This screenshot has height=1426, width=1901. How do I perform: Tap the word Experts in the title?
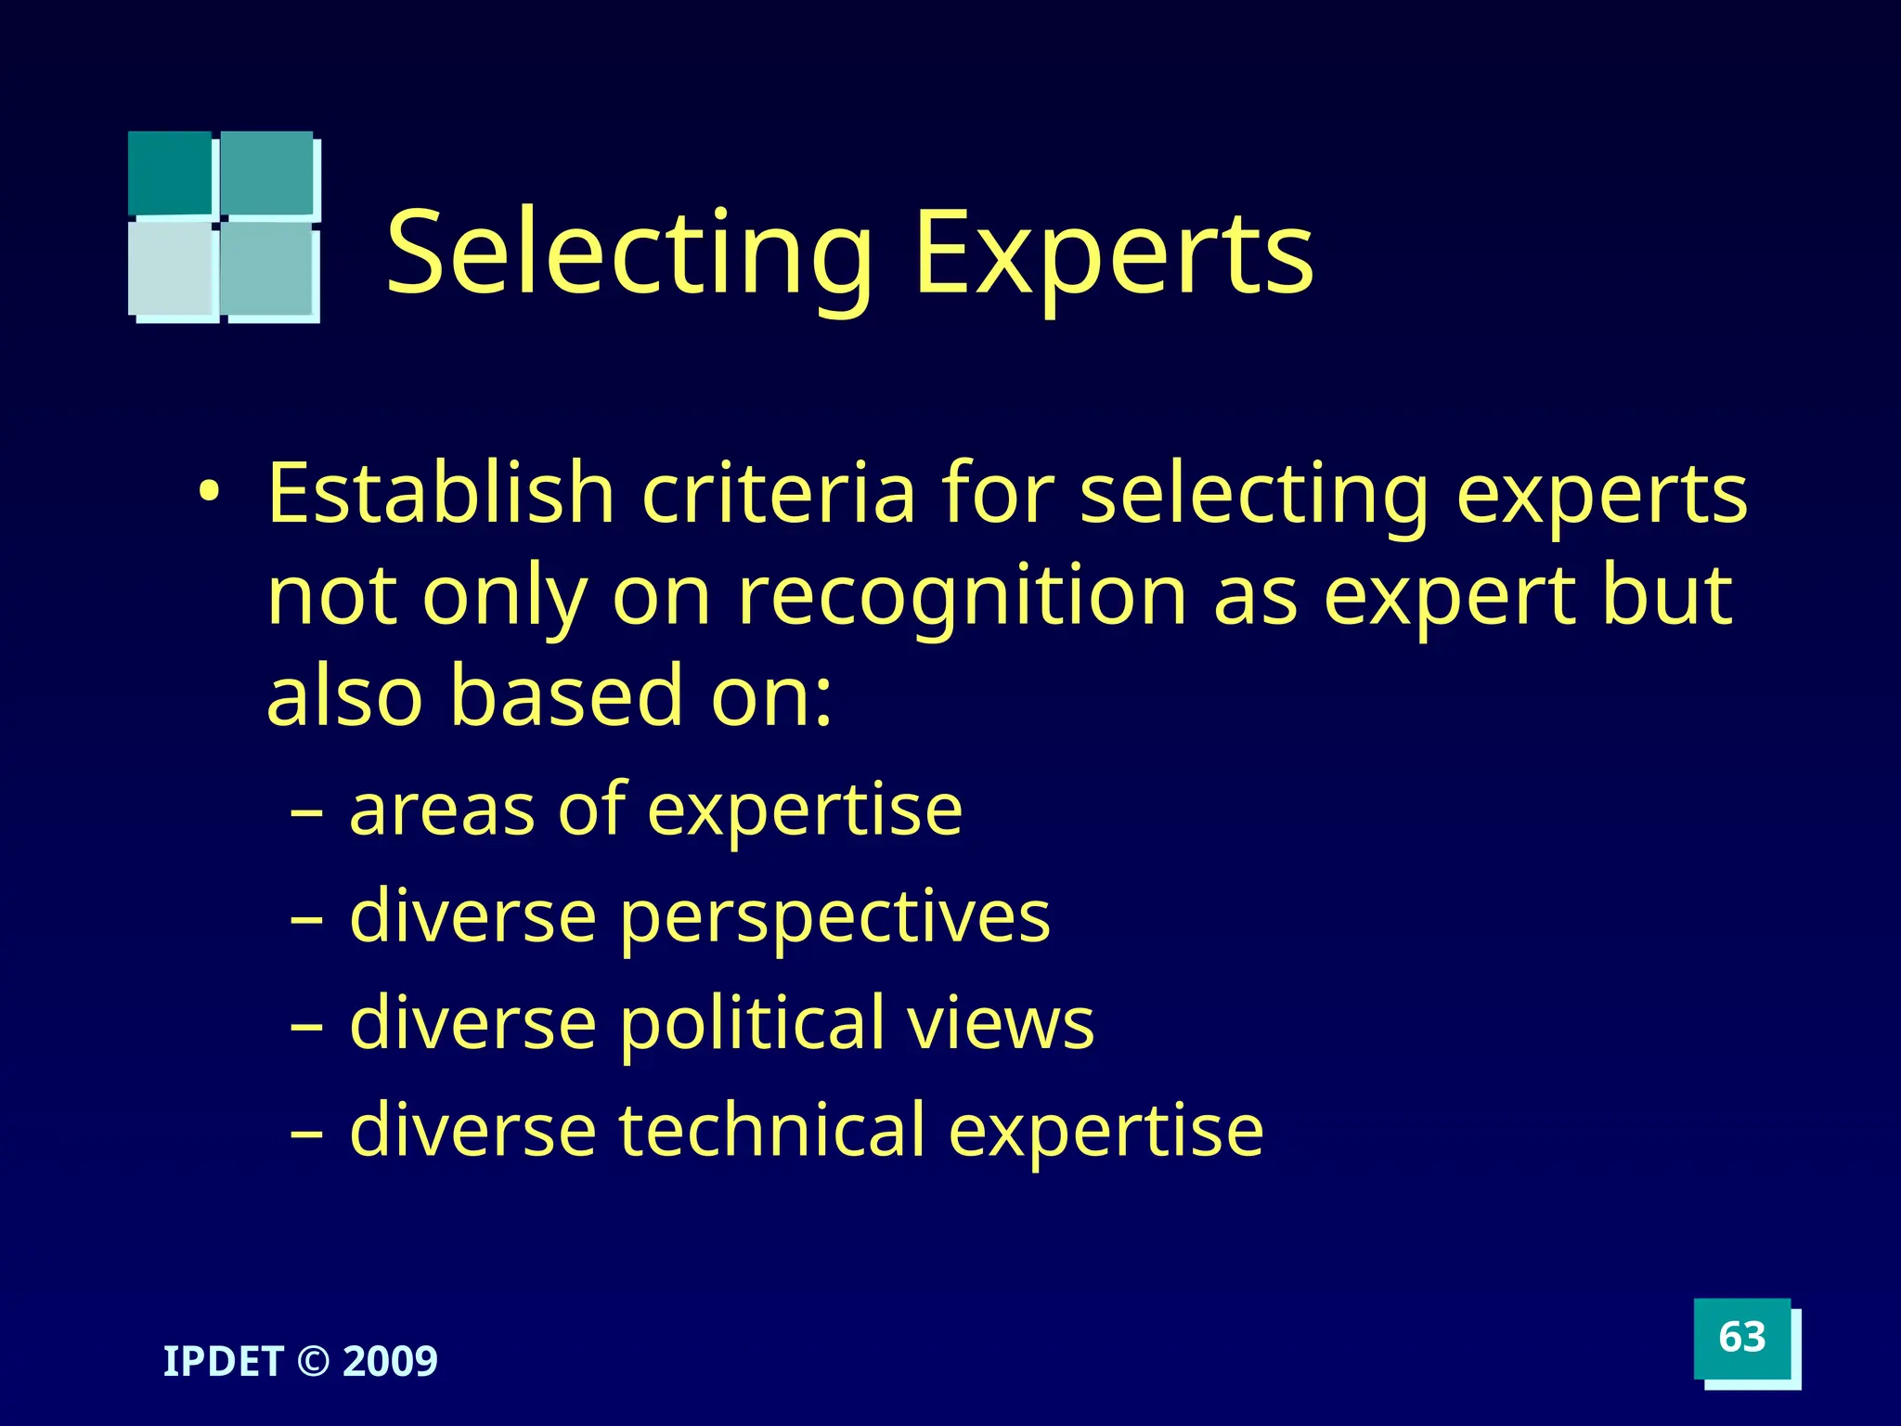(1113, 253)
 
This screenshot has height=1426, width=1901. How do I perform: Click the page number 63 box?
(1742, 1338)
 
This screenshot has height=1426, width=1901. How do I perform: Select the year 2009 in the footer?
(390, 1361)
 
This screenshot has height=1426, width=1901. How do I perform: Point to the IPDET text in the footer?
(223, 1361)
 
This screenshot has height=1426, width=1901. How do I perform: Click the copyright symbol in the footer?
(313, 1362)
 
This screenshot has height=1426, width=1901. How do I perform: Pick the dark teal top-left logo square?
(170, 173)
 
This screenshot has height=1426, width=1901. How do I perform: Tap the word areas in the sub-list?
(442, 810)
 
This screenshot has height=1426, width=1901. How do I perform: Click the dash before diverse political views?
(307, 1026)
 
